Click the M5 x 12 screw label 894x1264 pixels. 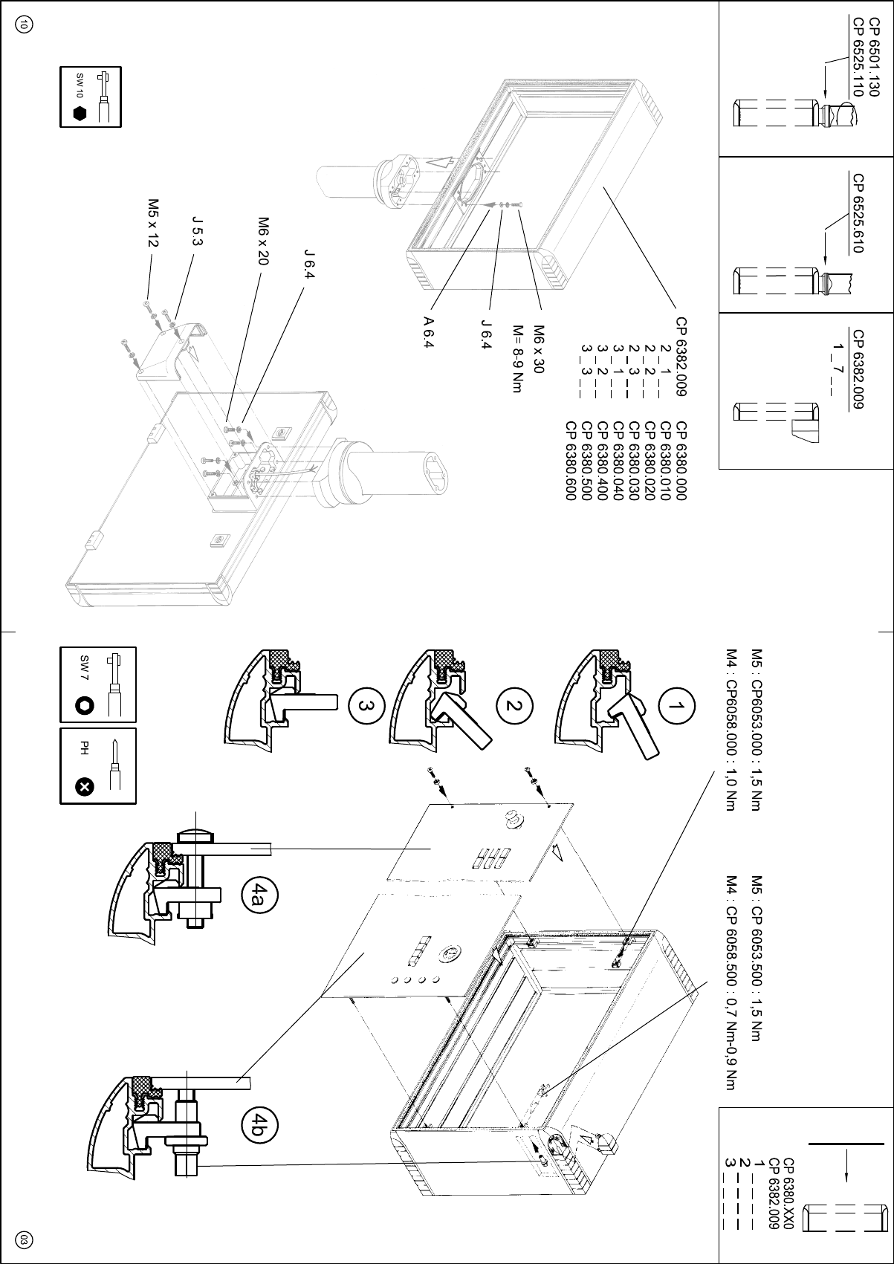tap(153, 222)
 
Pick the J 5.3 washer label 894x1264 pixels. tap(198, 230)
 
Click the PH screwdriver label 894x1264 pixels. tap(84, 747)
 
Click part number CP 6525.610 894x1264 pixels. tap(857, 213)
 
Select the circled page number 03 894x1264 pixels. tap(24, 1239)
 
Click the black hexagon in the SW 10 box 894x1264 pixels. tap(81, 114)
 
